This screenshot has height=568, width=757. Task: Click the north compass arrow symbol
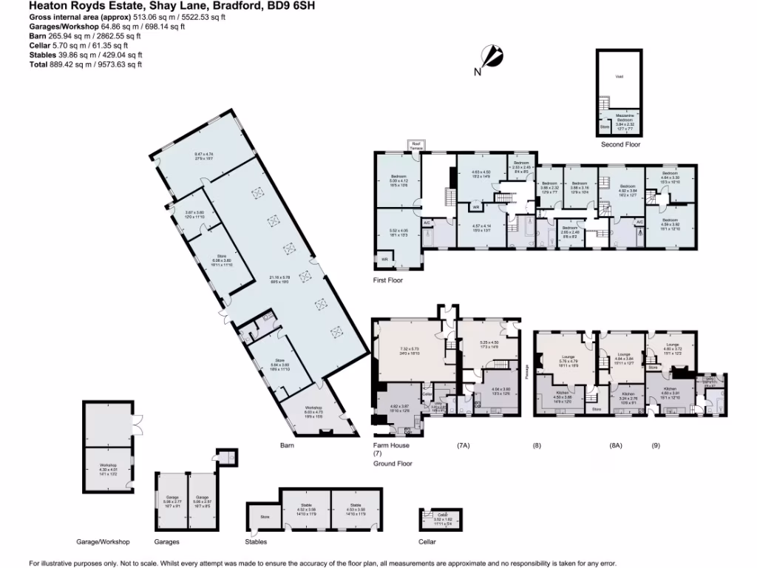[492, 56]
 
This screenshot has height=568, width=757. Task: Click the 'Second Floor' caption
[620, 145]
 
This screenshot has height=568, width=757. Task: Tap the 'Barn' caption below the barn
[288, 445]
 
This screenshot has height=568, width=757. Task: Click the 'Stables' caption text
[256, 541]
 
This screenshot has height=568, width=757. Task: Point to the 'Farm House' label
[392, 445]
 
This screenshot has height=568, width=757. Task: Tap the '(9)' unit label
[655, 445]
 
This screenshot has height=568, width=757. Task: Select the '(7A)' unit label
[464, 445]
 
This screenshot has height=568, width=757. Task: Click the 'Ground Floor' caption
[393, 464]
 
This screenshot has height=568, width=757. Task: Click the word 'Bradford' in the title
[241, 6]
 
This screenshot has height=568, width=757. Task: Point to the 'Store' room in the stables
[264, 516]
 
